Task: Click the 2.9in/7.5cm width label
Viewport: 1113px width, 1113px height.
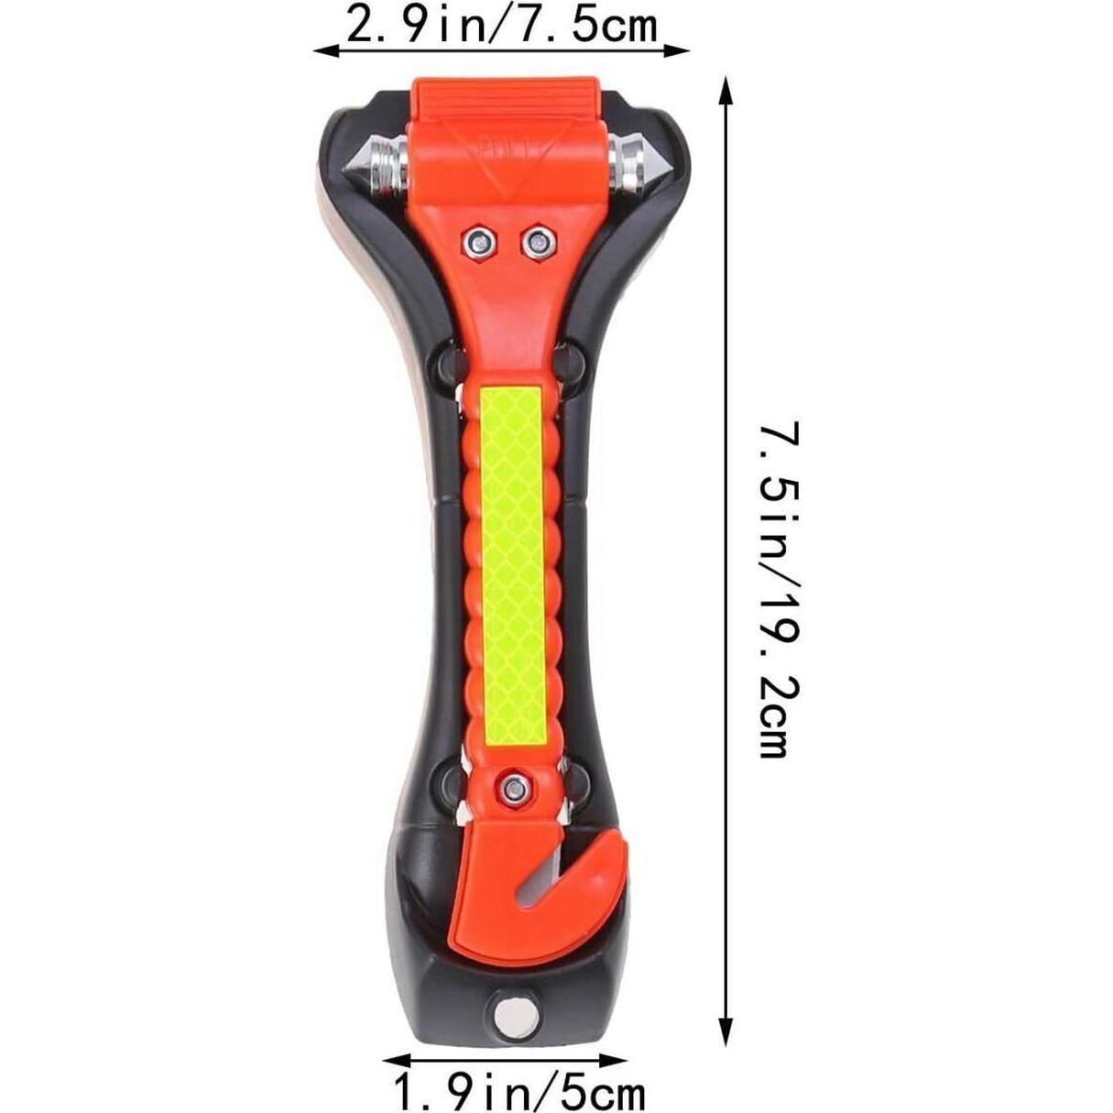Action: (501, 26)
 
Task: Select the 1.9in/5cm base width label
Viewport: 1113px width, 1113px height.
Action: (519, 1093)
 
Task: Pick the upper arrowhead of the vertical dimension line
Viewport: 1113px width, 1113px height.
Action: (726, 86)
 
